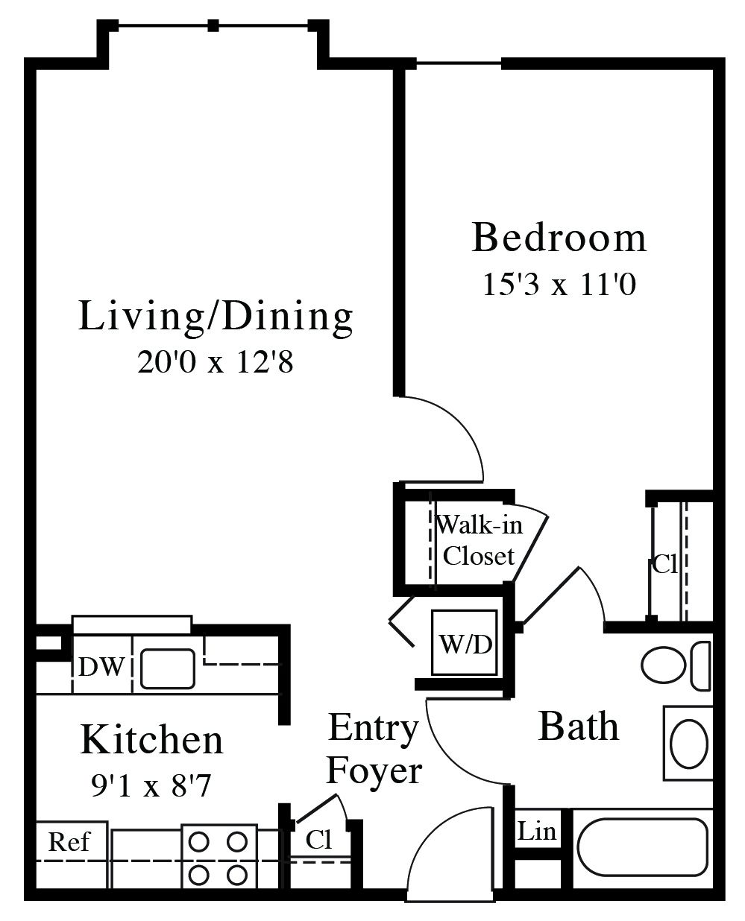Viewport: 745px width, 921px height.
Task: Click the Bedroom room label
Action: pyautogui.click(x=559, y=238)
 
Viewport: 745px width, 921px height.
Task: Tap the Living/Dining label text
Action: pyautogui.click(x=216, y=317)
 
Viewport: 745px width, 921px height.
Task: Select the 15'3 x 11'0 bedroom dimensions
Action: pyautogui.click(x=559, y=285)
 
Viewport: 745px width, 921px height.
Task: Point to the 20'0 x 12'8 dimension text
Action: pyautogui.click(x=215, y=361)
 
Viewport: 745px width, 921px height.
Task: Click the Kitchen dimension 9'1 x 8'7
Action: pyautogui.click(x=151, y=785)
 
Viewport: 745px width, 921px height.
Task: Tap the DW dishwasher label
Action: pyautogui.click(x=101, y=666)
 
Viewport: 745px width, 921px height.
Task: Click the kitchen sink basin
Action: pyautogui.click(x=168, y=668)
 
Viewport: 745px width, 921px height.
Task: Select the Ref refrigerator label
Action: pyautogui.click(x=69, y=841)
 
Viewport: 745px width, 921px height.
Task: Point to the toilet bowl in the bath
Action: pyautogui.click(x=663, y=665)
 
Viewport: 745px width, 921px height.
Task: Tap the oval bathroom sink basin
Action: pyautogui.click(x=689, y=744)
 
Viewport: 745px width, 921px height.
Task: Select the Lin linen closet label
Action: pyautogui.click(x=536, y=831)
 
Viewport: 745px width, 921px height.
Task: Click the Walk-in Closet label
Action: pyautogui.click(x=479, y=540)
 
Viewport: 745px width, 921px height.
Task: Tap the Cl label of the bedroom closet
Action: pyautogui.click(x=665, y=564)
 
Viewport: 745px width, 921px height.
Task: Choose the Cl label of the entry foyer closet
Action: pyautogui.click(x=319, y=840)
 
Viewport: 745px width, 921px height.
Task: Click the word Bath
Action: pyautogui.click(x=579, y=727)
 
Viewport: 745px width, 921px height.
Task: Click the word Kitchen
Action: pyautogui.click(x=151, y=739)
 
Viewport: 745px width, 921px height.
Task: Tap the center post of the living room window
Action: pyautogui.click(x=213, y=25)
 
